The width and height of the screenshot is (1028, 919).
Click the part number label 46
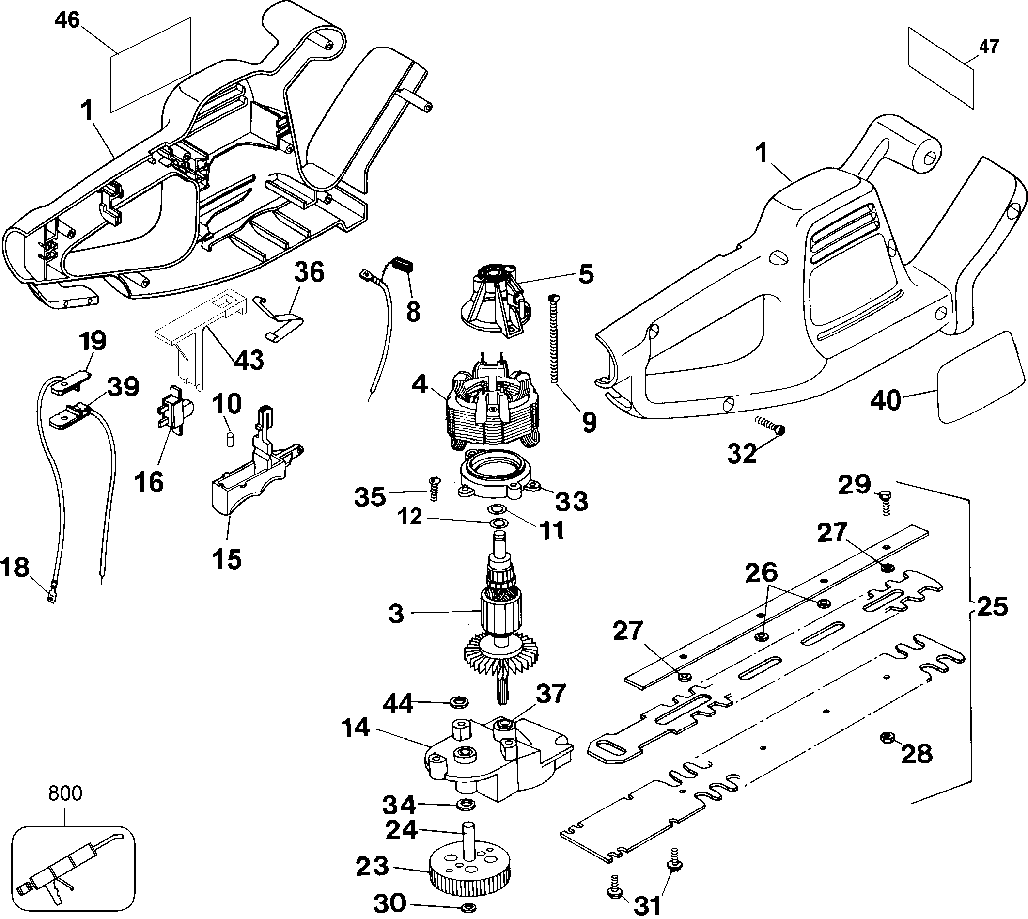click(x=68, y=20)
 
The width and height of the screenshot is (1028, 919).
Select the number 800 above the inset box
click(x=65, y=794)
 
